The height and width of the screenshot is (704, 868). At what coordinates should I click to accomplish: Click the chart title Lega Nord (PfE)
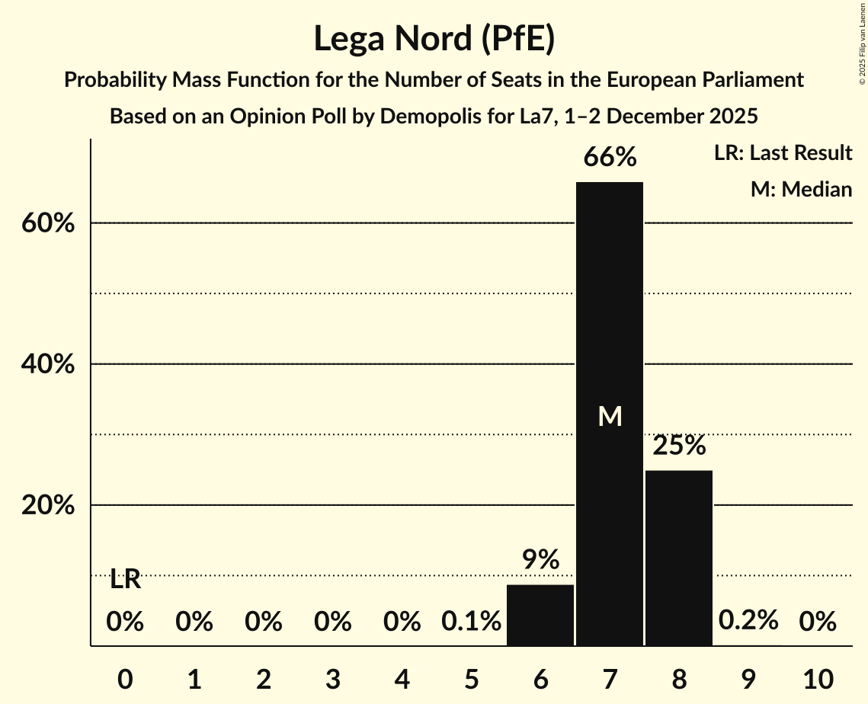tap(434, 38)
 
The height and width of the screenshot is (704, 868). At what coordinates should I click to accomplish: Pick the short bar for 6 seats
tap(540, 615)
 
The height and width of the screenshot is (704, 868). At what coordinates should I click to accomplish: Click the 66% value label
tap(610, 158)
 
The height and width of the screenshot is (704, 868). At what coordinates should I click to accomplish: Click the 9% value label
tap(540, 561)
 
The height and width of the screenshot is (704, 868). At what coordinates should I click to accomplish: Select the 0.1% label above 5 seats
tap(471, 622)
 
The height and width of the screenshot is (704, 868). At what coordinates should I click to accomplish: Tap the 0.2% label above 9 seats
tap(748, 621)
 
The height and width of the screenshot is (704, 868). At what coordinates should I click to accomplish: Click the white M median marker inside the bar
tap(610, 416)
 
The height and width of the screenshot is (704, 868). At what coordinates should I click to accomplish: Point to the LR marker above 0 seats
tap(125, 580)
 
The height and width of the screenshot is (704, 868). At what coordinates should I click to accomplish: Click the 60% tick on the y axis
tap(47, 224)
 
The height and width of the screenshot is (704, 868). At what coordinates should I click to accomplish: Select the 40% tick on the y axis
tap(47, 365)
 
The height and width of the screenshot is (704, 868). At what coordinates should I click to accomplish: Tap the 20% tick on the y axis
tap(47, 506)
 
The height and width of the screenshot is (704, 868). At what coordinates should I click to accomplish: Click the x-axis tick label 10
tap(817, 678)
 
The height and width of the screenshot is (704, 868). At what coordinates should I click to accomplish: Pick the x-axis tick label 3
tap(332, 678)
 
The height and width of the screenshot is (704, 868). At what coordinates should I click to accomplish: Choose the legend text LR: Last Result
tap(783, 153)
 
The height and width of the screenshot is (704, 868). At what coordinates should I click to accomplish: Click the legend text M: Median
tap(801, 189)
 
